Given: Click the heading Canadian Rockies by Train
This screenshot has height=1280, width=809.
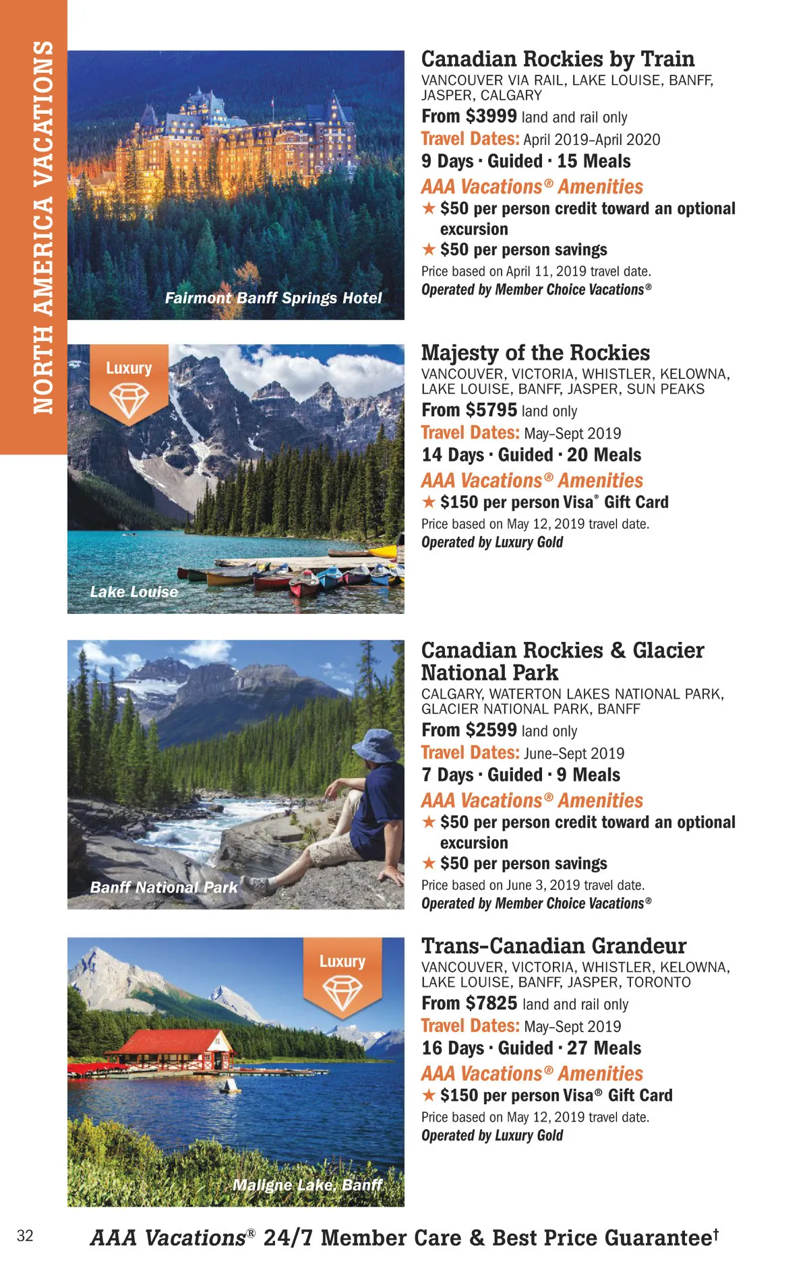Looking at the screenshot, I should pyautogui.click(x=558, y=59).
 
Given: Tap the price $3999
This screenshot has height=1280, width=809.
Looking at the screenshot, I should pyautogui.click(x=491, y=117).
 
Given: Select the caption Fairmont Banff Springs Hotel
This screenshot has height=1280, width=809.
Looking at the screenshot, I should pyautogui.click(x=273, y=298).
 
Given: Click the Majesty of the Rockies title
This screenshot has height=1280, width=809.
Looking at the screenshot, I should pyautogui.click(x=535, y=353).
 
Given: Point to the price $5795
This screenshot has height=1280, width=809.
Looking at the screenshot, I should pyautogui.click(x=491, y=410).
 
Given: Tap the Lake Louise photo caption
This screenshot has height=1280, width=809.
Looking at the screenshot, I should pyautogui.click(x=134, y=591).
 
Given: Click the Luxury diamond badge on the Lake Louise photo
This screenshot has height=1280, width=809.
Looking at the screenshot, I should pyautogui.click(x=129, y=385).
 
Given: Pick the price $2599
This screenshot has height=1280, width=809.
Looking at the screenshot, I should pyautogui.click(x=491, y=730).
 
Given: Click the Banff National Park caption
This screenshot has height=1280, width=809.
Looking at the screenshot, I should pyautogui.click(x=164, y=887).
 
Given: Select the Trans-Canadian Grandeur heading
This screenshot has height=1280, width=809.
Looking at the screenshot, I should pyautogui.click(x=553, y=946).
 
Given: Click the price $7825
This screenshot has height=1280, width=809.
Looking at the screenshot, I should pyautogui.click(x=492, y=1004).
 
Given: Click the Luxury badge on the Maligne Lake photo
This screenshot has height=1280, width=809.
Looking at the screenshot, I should pyautogui.click(x=342, y=978).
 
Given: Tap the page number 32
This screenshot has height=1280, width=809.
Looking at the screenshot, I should pyautogui.click(x=25, y=1236).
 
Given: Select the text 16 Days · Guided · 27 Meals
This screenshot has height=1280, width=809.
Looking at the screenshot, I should pyautogui.click(x=531, y=1048).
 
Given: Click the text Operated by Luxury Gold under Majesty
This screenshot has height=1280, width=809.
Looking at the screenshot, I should pyautogui.click(x=492, y=542).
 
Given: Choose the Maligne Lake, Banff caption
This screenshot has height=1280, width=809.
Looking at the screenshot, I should pyautogui.click(x=307, y=1185).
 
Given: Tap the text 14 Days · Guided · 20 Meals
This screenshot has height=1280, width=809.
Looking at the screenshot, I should pyautogui.click(x=531, y=455).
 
